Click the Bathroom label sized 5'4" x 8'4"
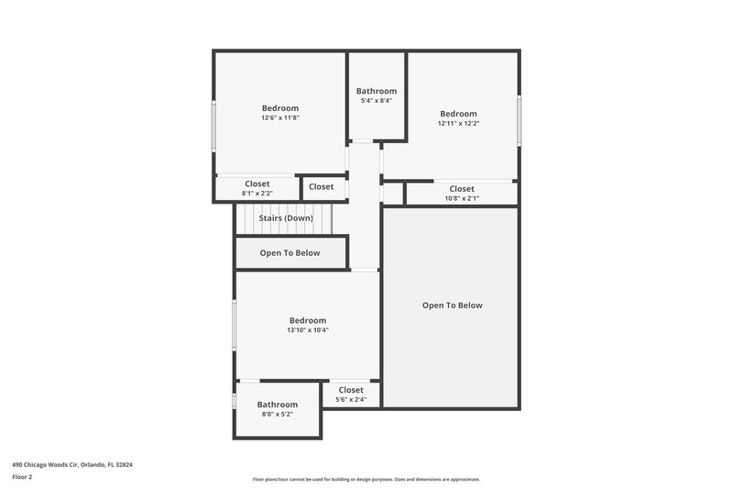[x=377, y=91]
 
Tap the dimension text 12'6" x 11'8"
[x=280, y=117]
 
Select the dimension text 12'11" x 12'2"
[x=458, y=123]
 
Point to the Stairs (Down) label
[x=286, y=218]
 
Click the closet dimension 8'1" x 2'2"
[x=257, y=194]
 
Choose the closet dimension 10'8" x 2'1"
[x=462, y=198]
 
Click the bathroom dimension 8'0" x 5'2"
[x=277, y=415]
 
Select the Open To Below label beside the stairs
[x=290, y=253]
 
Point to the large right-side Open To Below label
[x=452, y=306]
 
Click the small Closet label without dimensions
[x=322, y=187]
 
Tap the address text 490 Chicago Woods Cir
[x=72, y=464]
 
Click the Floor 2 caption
[x=22, y=477]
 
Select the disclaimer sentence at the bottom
[x=366, y=479]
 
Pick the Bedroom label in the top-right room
[x=458, y=114]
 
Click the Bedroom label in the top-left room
[x=280, y=108]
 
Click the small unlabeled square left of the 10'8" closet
[x=393, y=194]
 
